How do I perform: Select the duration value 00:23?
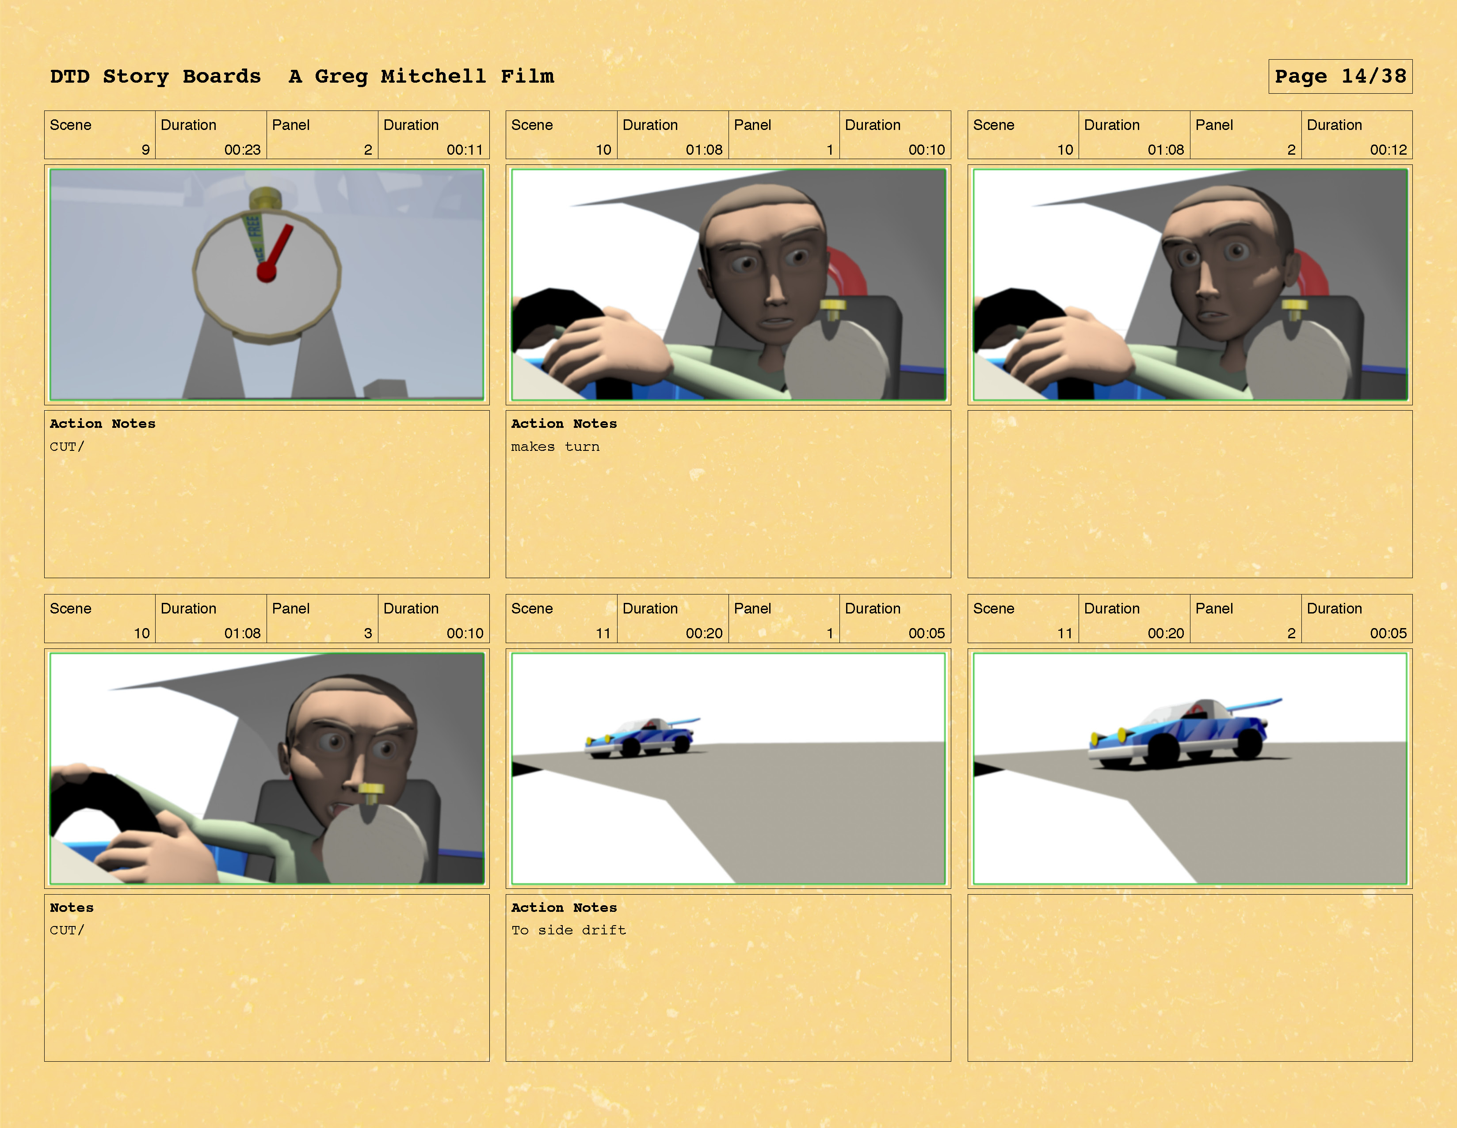click(x=242, y=149)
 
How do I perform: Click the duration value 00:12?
click(x=1388, y=149)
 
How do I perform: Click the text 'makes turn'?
click(x=555, y=446)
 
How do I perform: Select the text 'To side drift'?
click(x=568, y=930)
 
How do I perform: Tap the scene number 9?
click(x=145, y=149)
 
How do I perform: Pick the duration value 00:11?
click(x=465, y=149)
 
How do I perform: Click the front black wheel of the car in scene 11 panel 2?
click(x=1164, y=751)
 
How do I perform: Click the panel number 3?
click(x=368, y=633)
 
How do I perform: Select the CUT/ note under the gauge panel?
click(x=67, y=446)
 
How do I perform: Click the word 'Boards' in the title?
click(x=221, y=76)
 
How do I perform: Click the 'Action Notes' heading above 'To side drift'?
click(x=564, y=907)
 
